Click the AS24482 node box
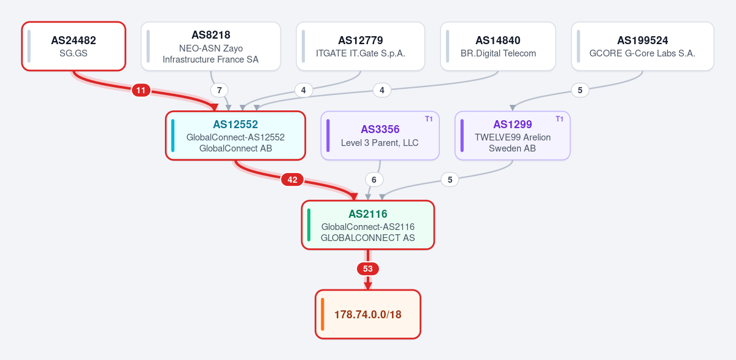click(74, 47)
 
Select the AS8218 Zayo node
click(210, 47)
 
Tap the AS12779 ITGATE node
click(361, 47)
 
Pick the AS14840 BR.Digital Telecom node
click(498, 47)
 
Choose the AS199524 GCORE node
click(642, 47)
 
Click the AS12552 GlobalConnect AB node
click(236, 136)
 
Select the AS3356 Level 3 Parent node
click(380, 136)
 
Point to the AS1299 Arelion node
click(513, 136)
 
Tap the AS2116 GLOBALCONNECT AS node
click(368, 225)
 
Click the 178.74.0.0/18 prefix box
click(368, 315)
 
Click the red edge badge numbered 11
click(141, 90)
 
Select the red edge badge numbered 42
click(293, 180)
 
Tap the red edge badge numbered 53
click(368, 269)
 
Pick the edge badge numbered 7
click(219, 90)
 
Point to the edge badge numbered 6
click(374, 180)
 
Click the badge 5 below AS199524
click(580, 90)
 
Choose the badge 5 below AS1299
click(450, 180)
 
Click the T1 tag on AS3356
click(429, 119)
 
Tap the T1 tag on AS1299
click(559, 119)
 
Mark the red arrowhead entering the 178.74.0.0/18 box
click(368, 286)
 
